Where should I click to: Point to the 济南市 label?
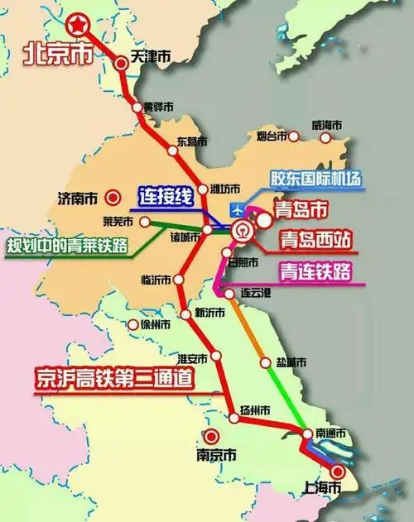click(79, 198)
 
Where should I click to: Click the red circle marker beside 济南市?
click(115, 197)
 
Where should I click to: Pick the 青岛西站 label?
click(315, 242)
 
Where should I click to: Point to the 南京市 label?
click(217, 456)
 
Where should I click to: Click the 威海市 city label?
click(326, 125)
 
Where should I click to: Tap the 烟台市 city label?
click(271, 135)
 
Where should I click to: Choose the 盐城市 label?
click(291, 363)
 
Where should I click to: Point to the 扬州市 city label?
click(254, 411)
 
